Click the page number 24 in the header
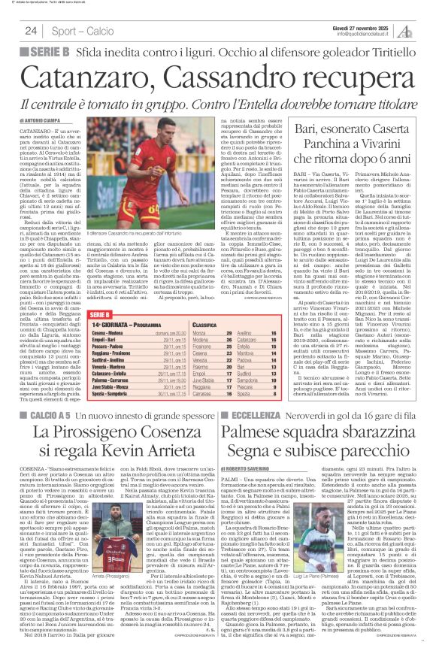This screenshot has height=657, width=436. (32, 31)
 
